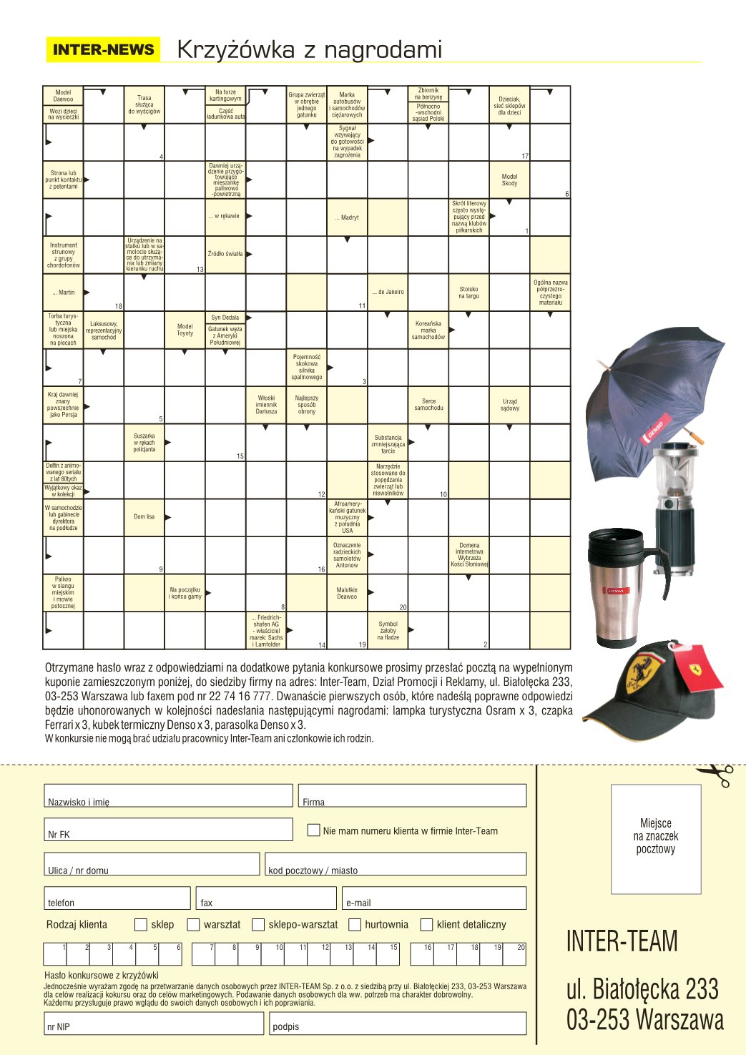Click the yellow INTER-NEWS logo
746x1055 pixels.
tap(104, 49)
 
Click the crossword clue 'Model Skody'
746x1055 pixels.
tap(509, 180)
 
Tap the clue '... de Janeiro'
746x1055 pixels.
tap(388, 292)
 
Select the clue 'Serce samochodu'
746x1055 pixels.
tap(428, 405)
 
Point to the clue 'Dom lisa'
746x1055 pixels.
tap(144, 516)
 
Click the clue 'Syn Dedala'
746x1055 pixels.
tap(225, 318)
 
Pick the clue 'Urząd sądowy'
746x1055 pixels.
tap(509, 405)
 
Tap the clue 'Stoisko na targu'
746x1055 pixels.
tap(468, 293)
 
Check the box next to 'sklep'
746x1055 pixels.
tap(141, 925)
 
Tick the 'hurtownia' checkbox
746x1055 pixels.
tap(355, 925)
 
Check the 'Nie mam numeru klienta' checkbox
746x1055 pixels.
tap(313, 830)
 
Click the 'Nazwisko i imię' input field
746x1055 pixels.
tap(169, 795)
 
